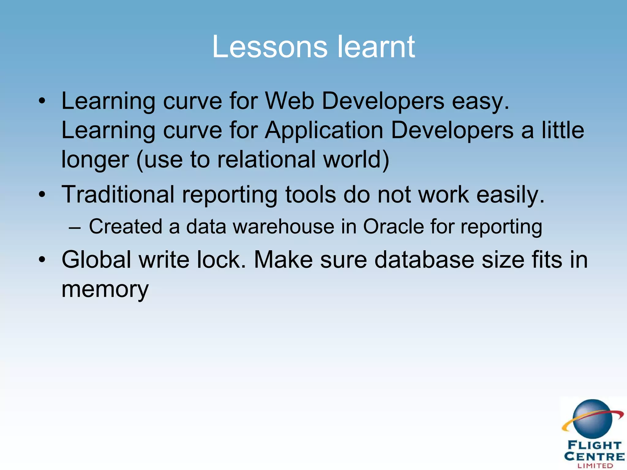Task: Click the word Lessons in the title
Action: pos(269,47)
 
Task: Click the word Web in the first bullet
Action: pos(289,101)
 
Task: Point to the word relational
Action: pos(266,159)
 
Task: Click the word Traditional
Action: pos(118,195)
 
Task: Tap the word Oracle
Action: pos(393,227)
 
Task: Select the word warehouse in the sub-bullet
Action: pos(283,227)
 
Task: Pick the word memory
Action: pos(105,289)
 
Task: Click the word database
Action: pos(424,260)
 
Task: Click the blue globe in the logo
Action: pos(592,419)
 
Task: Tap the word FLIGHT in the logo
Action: pos(594,445)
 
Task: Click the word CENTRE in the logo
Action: pos(594,456)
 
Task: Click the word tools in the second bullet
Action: pos(310,195)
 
